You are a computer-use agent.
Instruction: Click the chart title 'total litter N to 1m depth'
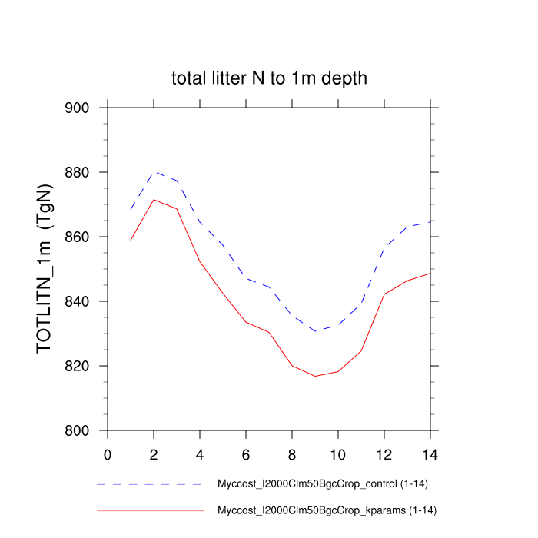[x=269, y=78]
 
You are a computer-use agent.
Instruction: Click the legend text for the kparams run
[x=328, y=510]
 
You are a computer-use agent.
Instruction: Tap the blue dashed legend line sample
[x=150, y=485]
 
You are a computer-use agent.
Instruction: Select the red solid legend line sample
[x=150, y=510]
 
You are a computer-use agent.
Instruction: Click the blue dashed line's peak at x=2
[x=154, y=172]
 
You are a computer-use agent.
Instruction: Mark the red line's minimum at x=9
[x=315, y=376]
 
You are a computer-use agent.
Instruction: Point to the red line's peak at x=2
[x=154, y=200]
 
